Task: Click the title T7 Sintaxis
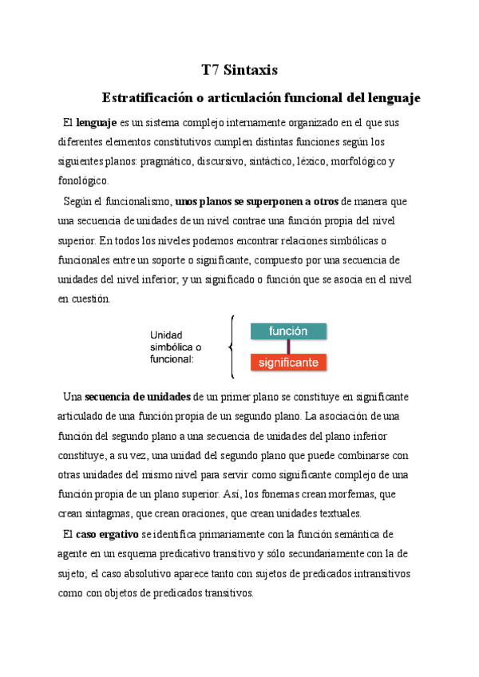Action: click(x=239, y=69)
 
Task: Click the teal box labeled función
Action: click(x=288, y=331)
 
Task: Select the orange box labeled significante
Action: click(x=288, y=362)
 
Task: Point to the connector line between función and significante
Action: click(x=288, y=346)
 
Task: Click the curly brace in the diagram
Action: click(x=231, y=346)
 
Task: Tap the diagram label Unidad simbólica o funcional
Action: click(x=176, y=346)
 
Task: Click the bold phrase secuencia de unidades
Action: click(x=137, y=397)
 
